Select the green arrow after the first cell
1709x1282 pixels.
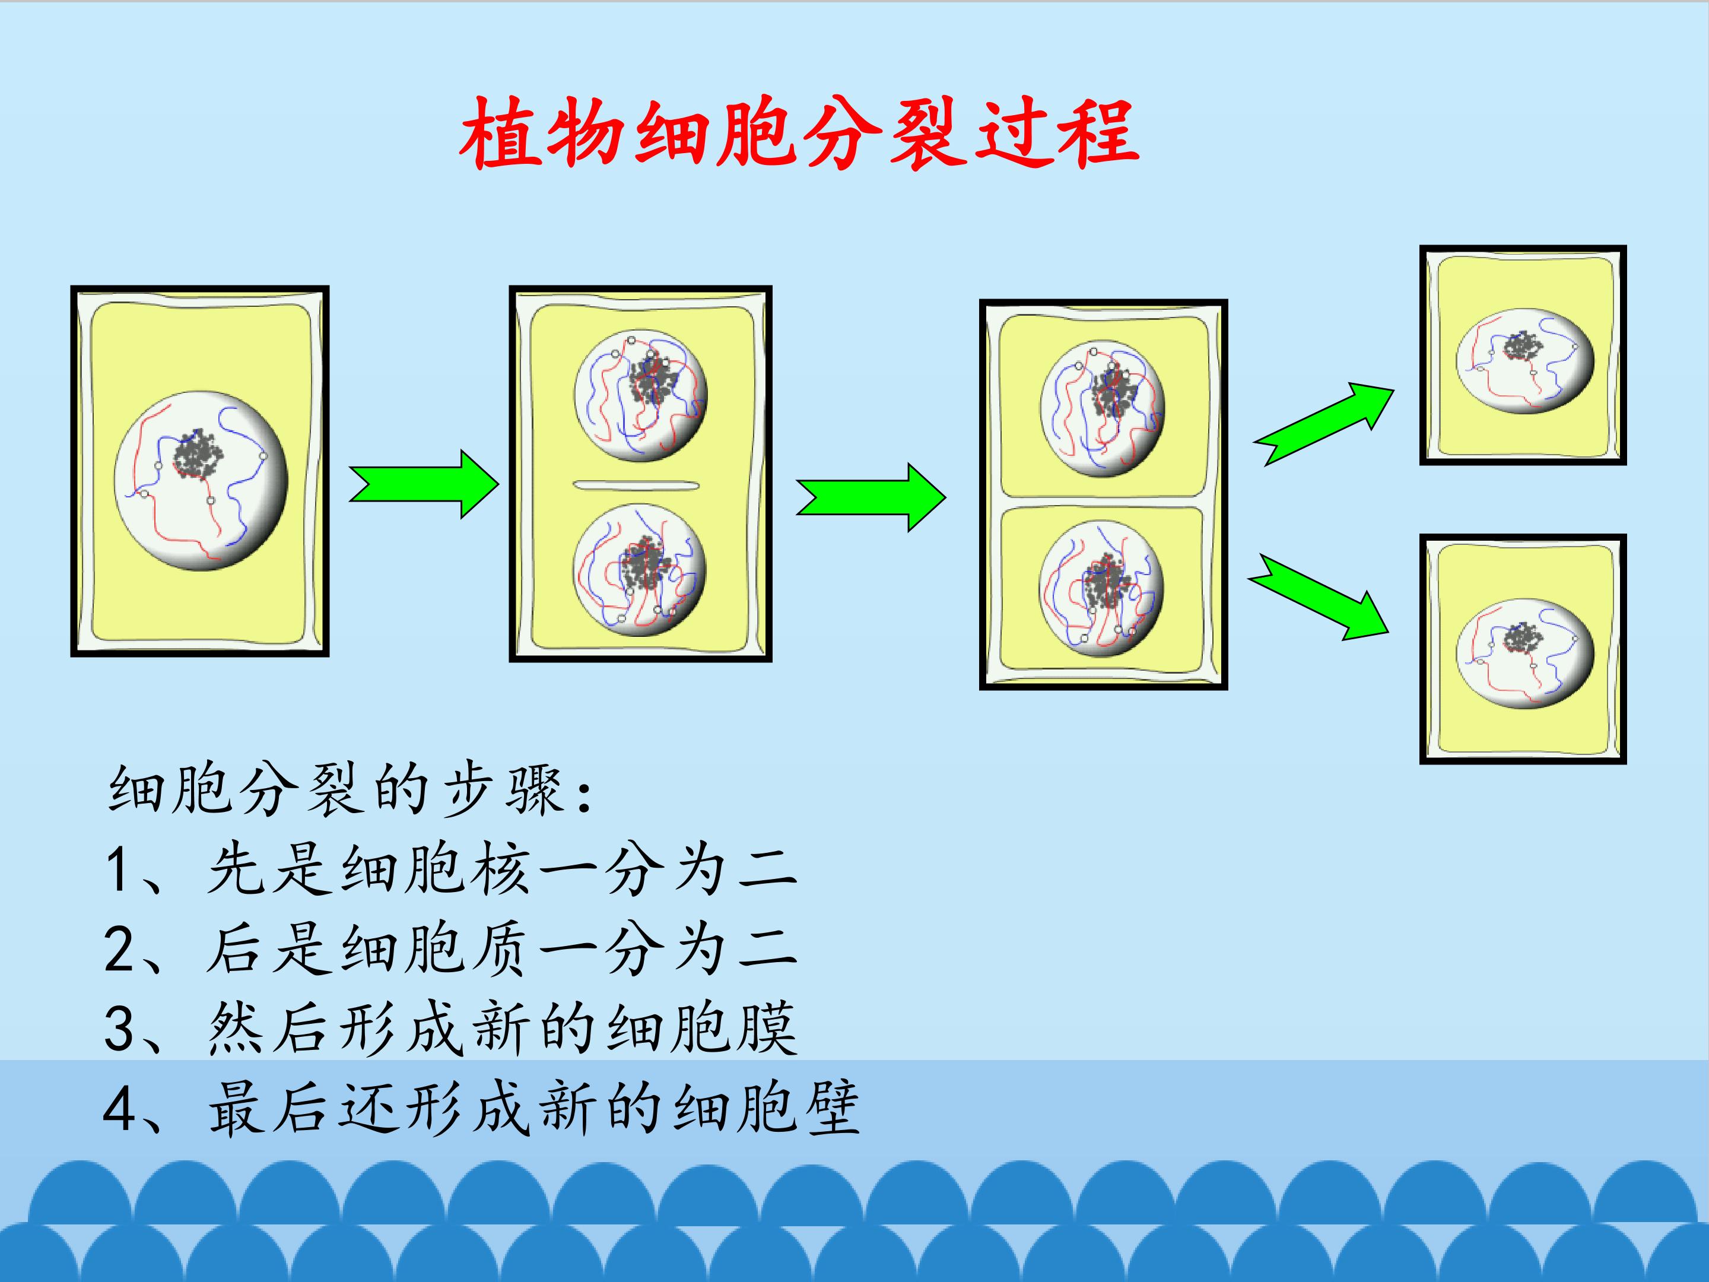point(423,484)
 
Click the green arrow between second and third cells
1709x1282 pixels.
point(871,497)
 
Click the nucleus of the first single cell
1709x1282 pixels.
point(201,483)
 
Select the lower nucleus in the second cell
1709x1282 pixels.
point(640,570)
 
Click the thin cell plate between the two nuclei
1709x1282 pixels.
point(636,485)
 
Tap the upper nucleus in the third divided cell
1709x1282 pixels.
point(1103,408)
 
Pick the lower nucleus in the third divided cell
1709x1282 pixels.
point(1102,588)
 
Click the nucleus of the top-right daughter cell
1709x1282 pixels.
point(1525,361)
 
